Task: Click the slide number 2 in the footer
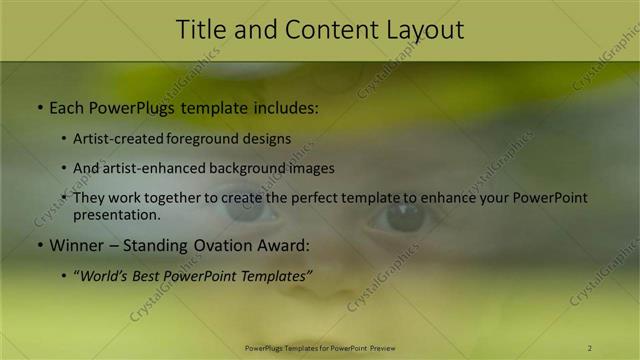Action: pos(590,348)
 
